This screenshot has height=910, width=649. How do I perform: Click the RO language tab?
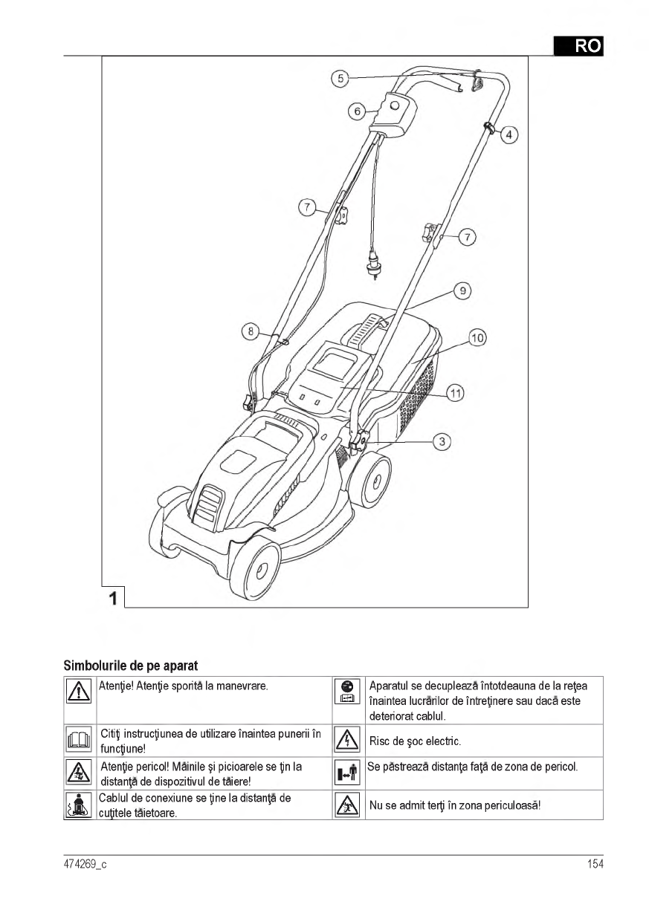pyautogui.click(x=578, y=46)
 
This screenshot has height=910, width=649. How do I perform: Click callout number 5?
pyautogui.click(x=339, y=78)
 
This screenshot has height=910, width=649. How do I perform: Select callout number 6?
pyautogui.click(x=357, y=111)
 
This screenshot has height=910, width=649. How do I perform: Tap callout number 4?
pyautogui.click(x=509, y=134)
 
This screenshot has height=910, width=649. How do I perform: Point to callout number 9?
pyautogui.click(x=462, y=291)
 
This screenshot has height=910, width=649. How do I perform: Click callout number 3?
pyautogui.click(x=442, y=441)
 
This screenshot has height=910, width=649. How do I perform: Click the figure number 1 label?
pyautogui.click(x=112, y=597)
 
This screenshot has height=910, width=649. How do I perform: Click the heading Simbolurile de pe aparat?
pyautogui.click(x=130, y=663)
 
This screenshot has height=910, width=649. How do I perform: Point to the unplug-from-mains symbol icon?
pyautogui.click(x=348, y=692)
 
